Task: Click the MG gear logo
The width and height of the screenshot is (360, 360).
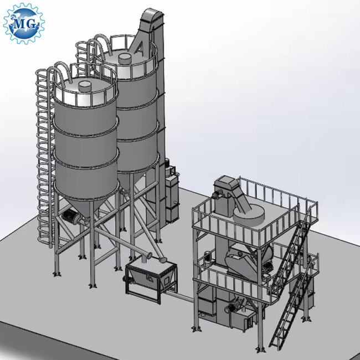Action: (x=24, y=23)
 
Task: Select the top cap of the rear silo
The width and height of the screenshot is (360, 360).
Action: (x=125, y=59)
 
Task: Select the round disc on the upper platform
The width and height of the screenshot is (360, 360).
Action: (x=249, y=215)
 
